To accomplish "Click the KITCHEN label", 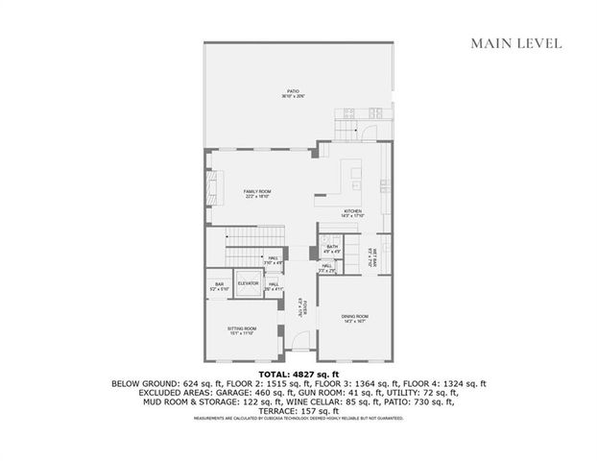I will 352,213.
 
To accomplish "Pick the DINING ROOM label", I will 354,319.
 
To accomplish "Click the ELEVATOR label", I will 249,284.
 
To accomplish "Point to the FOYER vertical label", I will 301,308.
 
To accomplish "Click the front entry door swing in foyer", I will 301,344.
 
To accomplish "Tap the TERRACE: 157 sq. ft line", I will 298,410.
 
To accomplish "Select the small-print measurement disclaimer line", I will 298,419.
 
